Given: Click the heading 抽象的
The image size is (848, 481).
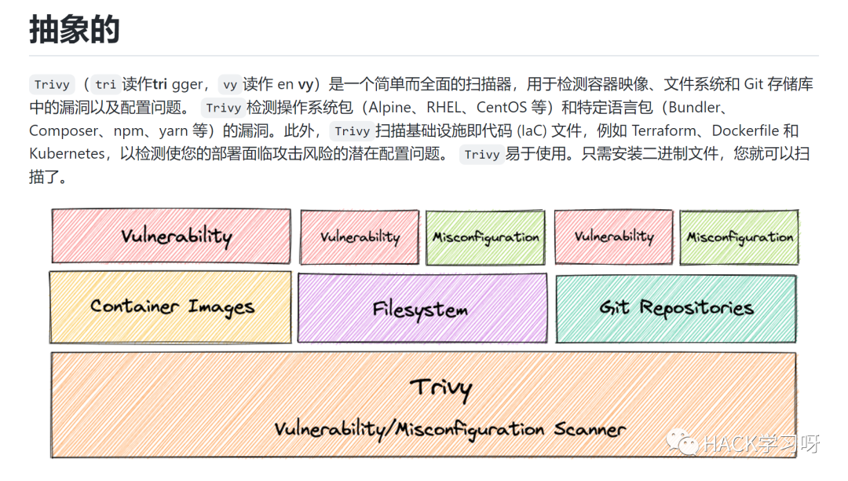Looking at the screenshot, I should [x=75, y=29].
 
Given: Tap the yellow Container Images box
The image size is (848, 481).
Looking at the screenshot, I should [x=170, y=307].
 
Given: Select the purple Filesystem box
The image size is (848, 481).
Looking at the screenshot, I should [x=422, y=308].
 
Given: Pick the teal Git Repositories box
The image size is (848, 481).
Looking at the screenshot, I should [x=676, y=308].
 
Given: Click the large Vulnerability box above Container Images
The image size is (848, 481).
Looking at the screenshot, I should [x=171, y=236].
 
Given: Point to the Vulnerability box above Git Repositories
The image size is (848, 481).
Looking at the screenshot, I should [x=613, y=237].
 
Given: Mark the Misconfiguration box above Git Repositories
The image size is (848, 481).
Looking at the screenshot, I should [x=740, y=237].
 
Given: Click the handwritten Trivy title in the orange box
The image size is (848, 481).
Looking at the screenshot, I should [x=440, y=387].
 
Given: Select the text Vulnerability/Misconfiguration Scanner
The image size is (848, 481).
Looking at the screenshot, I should [x=450, y=429].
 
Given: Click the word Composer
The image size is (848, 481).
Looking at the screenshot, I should [x=62, y=130].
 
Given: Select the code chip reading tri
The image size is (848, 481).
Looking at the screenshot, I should [x=105, y=85].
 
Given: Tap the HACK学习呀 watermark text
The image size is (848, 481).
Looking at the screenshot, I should [x=762, y=444].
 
